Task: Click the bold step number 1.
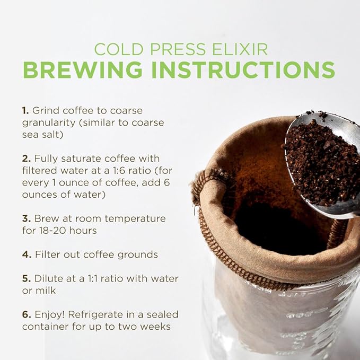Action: pos(25,111)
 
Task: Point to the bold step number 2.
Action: pos(26,159)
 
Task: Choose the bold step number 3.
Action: pos(26,218)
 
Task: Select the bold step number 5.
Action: pos(26,278)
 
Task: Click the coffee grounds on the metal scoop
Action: pos(321,159)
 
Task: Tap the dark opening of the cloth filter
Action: pos(276,228)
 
